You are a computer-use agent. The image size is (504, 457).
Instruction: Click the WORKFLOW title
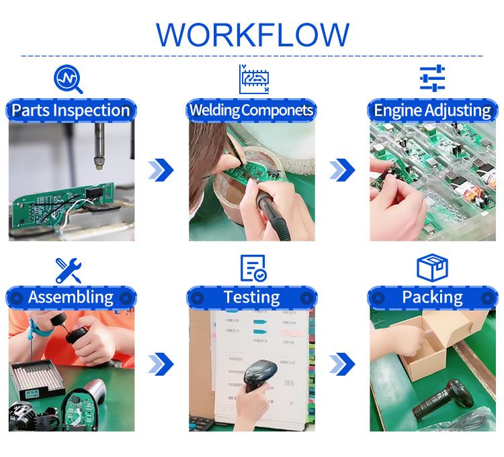pyautogui.click(x=252, y=35)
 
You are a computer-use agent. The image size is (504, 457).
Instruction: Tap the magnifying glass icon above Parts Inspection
pyautogui.click(x=68, y=79)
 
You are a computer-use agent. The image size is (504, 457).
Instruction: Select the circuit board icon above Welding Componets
pyautogui.click(x=254, y=79)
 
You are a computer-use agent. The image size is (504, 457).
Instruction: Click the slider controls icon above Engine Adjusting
pyautogui.click(x=432, y=78)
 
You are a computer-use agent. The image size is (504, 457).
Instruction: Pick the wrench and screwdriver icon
pyautogui.click(x=68, y=270)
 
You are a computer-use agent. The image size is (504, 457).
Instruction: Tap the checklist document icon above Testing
pyautogui.click(x=253, y=268)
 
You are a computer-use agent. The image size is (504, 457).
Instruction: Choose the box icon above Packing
pyautogui.click(x=432, y=267)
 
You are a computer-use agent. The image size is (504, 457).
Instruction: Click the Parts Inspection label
pyautogui.click(x=71, y=110)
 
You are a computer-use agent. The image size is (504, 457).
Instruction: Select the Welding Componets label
pyautogui.click(x=251, y=110)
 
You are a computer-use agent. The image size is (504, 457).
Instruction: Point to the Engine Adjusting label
pyautogui.click(x=432, y=111)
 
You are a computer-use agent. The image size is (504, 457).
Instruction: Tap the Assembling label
pyautogui.click(x=71, y=297)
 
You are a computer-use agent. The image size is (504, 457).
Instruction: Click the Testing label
pyautogui.click(x=252, y=297)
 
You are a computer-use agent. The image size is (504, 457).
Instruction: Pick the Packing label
pyautogui.click(x=432, y=297)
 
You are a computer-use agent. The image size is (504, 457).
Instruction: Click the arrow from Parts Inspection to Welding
pyautogui.click(x=161, y=169)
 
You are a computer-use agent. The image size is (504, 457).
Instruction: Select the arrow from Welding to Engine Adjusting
pyautogui.click(x=342, y=169)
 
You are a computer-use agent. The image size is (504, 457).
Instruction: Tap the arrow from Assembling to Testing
pyautogui.click(x=161, y=364)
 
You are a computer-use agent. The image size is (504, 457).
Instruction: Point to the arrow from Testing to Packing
pyautogui.click(x=342, y=364)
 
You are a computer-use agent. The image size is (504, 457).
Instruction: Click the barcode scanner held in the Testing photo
pyautogui.click(x=259, y=374)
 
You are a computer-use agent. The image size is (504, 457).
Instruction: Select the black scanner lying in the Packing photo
pyautogui.click(x=444, y=399)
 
